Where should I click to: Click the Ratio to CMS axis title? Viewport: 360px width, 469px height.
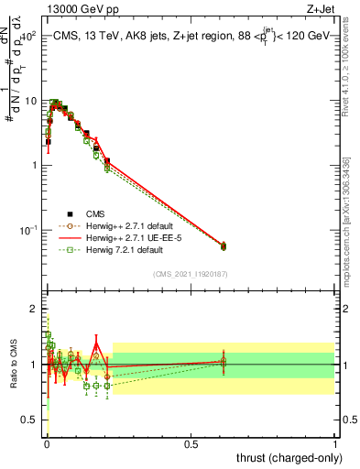14,365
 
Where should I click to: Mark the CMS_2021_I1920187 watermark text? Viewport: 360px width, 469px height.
191,274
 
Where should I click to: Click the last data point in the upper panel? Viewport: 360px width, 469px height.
224,245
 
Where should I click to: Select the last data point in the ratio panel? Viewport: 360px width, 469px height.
224,362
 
